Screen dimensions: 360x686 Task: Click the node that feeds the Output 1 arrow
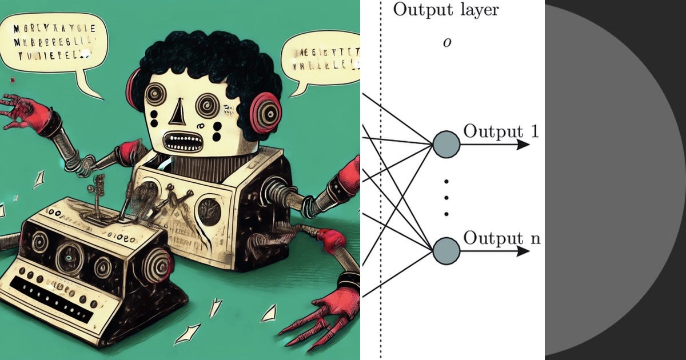pyautogui.click(x=446, y=145)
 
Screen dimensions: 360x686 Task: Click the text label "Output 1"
pyautogui.click(x=501, y=131)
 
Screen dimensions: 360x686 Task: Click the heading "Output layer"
pyautogui.click(x=446, y=10)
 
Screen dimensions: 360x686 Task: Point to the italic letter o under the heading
pyautogui.click(x=446, y=43)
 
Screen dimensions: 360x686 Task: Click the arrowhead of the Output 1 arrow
pyautogui.click(x=523, y=145)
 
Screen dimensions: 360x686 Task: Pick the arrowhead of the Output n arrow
pyautogui.click(x=523, y=251)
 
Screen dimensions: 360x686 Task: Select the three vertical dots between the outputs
pyautogui.click(x=446, y=198)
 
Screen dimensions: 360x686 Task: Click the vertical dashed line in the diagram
pyautogui.click(x=381, y=171)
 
